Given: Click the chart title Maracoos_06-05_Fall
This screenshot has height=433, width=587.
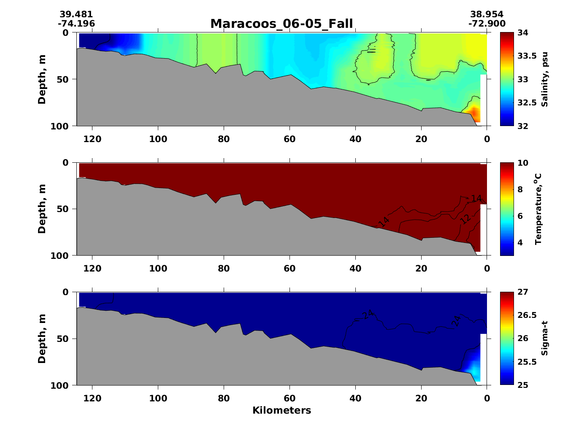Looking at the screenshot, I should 281,24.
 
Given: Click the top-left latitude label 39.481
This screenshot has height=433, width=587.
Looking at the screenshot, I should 76,15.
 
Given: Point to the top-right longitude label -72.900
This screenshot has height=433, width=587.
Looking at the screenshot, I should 487,24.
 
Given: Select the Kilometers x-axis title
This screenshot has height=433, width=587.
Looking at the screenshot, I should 281,410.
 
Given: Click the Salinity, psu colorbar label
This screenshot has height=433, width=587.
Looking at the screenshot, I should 545,79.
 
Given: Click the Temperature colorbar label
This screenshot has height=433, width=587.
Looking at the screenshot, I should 538,209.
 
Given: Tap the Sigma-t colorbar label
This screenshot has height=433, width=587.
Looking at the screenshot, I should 545,338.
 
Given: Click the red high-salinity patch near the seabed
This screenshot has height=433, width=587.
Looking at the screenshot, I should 474,114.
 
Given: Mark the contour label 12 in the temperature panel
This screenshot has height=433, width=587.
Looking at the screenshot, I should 465,219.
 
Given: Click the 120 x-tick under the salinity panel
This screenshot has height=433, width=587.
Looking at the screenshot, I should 92,139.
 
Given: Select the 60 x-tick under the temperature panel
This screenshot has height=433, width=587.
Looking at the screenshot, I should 289,269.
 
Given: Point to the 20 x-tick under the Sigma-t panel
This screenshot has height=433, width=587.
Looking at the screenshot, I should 421,398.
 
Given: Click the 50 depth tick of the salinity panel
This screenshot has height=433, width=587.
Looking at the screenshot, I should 68,79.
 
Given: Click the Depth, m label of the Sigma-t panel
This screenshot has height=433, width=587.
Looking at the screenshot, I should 42,339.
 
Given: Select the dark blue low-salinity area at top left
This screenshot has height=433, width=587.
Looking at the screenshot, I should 95,41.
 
